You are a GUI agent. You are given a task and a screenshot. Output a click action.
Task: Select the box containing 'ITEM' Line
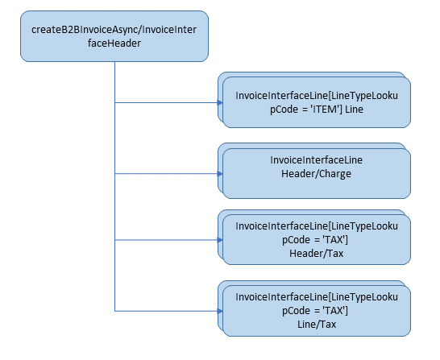pos(317,102)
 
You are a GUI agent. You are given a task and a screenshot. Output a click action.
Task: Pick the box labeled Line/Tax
pos(317,311)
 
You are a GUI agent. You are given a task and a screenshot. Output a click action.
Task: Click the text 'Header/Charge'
pos(317,173)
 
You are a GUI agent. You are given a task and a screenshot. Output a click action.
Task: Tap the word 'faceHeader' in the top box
pos(114,43)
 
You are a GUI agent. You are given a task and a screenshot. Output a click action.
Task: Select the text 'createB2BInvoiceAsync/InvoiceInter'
pos(114,29)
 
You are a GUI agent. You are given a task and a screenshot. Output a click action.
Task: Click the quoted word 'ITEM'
pos(325,109)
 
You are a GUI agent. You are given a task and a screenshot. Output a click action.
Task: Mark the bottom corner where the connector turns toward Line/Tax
pos(115,311)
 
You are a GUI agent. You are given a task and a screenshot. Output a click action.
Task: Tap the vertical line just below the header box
pos(115,72)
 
